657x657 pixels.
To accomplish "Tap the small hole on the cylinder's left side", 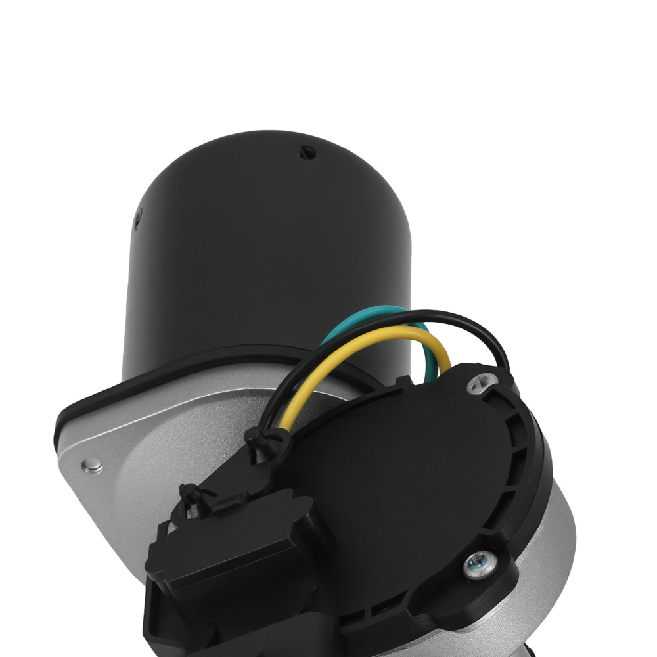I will coord(138,219).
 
